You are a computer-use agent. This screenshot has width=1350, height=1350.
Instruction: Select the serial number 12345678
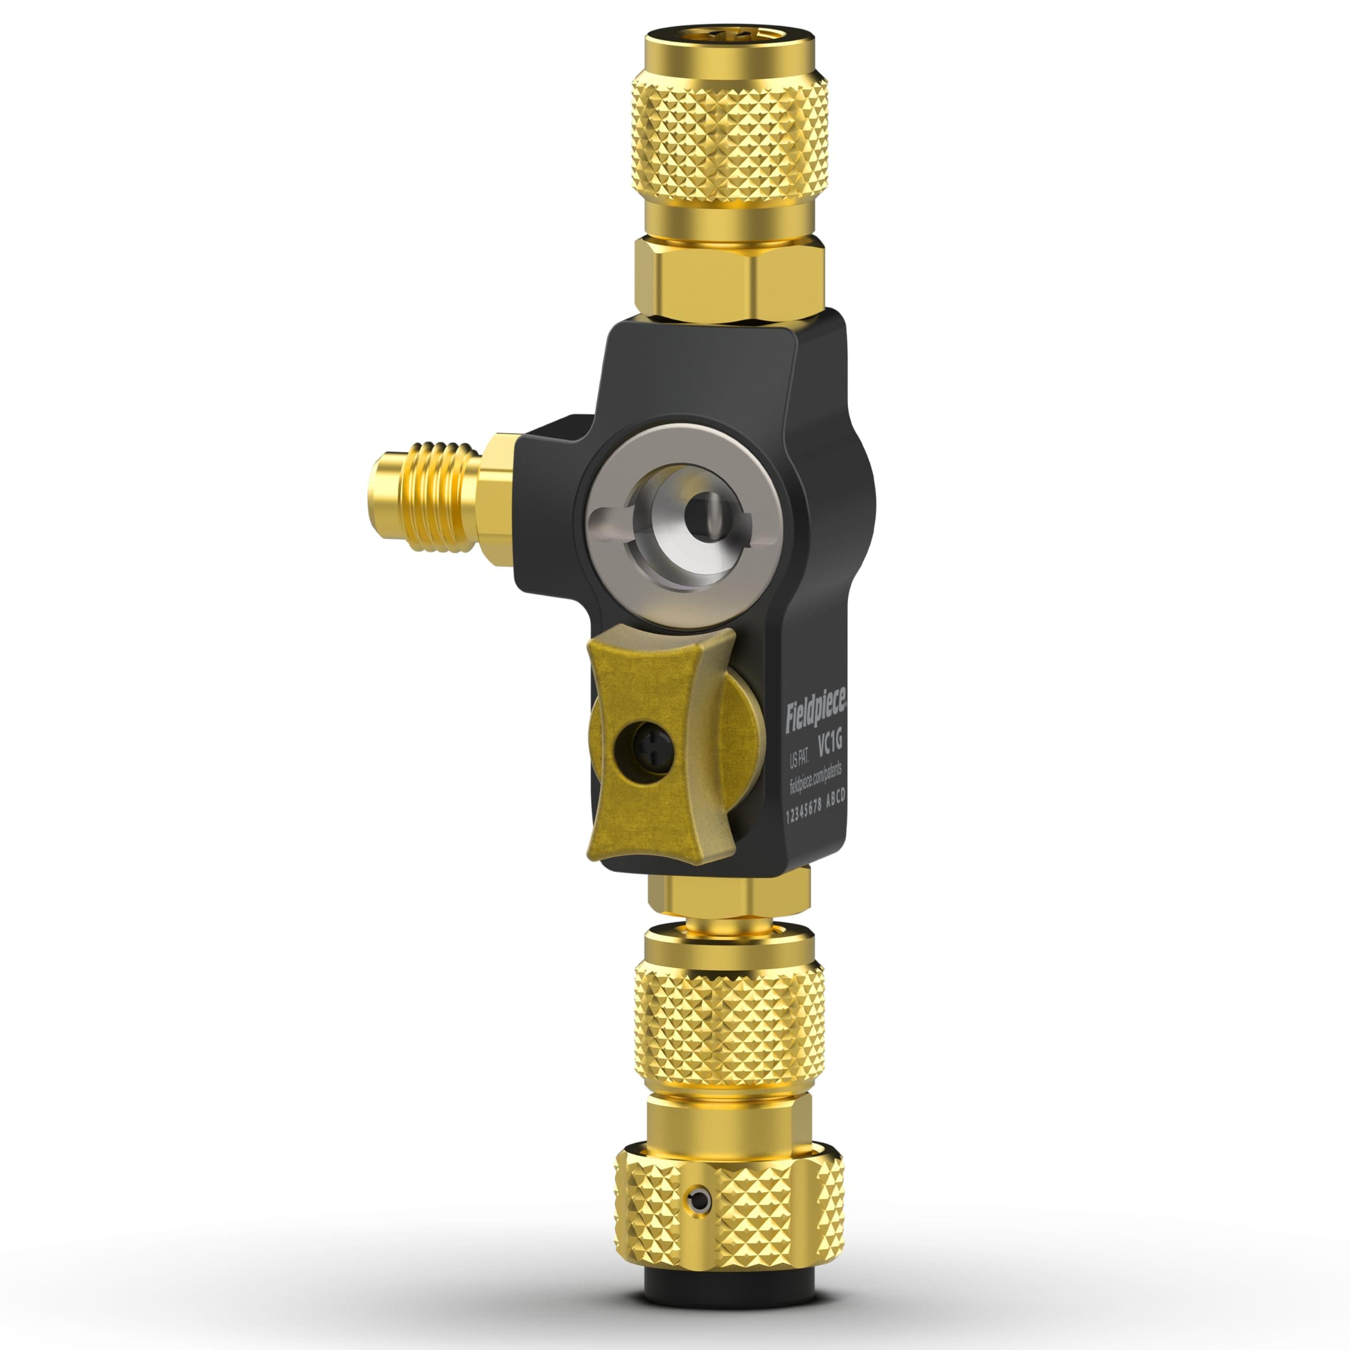pos(804,814)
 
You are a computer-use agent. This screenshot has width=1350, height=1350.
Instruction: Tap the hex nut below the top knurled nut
pos(727,275)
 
